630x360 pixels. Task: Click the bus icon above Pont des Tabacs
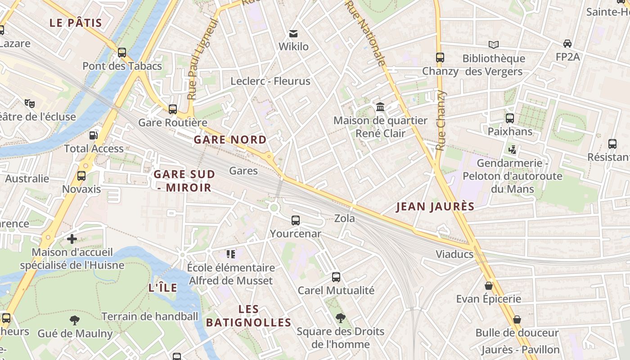point(121,53)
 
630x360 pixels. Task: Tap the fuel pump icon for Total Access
point(93,135)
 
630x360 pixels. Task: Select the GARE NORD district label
point(230,139)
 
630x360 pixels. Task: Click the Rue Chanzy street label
point(441,120)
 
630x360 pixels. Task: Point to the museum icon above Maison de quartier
point(380,107)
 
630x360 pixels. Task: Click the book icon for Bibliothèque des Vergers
point(494,45)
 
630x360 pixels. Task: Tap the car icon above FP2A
point(567,44)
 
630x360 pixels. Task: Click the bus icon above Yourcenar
point(296,220)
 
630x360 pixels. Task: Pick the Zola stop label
point(344,219)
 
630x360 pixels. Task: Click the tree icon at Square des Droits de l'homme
point(341,318)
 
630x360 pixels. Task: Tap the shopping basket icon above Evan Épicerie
point(489,286)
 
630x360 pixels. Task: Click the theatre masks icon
point(30,103)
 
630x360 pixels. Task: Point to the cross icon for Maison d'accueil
point(72,239)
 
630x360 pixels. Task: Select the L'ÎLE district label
point(162,288)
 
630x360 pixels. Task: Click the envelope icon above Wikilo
point(293,33)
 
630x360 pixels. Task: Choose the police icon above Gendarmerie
point(512,149)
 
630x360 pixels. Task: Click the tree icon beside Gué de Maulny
point(75,320)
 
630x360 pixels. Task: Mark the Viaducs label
point(454,254)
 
